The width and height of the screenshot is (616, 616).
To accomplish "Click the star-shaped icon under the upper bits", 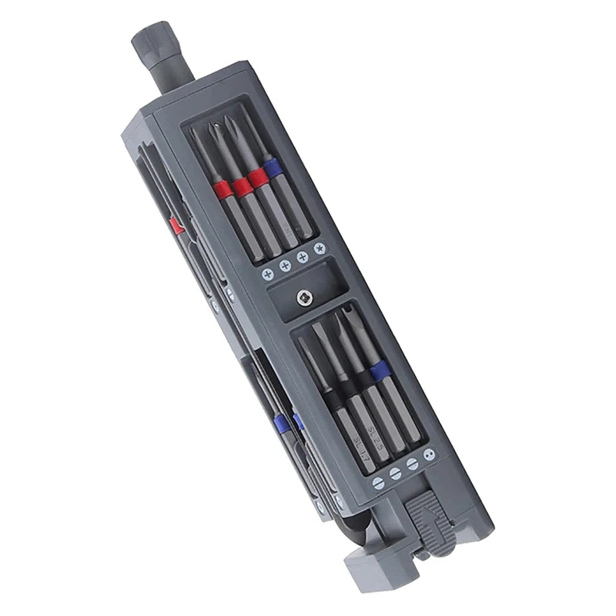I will click(x=320, y=248).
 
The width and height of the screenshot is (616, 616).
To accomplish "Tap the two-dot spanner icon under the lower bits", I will click(x=429, y=454).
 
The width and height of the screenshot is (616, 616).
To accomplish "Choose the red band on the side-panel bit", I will click(x=176, y=225).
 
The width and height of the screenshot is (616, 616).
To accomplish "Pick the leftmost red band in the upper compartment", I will click(x=223, y=189).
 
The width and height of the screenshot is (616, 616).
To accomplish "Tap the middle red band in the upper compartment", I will click(x=242, y=183).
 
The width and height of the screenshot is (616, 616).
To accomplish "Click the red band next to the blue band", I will click(x=259, y=177).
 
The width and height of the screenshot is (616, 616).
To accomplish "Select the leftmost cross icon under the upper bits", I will click(x=267, y=274).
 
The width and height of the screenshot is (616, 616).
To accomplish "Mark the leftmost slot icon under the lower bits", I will click(x=378, y=483).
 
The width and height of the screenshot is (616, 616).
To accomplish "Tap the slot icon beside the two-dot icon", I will click(x=413, y=464).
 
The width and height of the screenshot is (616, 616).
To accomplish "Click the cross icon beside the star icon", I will click(x=302, y=256).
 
